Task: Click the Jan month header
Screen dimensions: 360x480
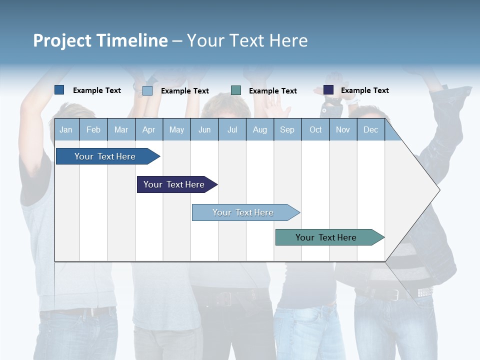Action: tap(66, 130)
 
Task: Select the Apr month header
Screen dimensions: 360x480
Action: tap(148, 130)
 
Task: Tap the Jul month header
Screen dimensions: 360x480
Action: tap(232, 130)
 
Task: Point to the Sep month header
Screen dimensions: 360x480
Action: tap(287, 130)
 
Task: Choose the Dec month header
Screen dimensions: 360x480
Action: tap(370, 130)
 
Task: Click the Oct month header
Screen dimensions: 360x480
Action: tap(315, 130)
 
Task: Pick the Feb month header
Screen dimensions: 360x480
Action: tap(93, 130)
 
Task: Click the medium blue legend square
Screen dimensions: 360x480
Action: tap(59, 90)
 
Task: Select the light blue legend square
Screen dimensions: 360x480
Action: tap(147, 90)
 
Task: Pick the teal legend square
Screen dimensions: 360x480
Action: tap(236, 90)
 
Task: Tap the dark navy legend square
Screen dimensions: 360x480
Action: tap(328, 90)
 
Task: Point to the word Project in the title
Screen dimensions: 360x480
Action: tap(62, 40)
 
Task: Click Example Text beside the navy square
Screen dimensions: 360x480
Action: tap(364, 90)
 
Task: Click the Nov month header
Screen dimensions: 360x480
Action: tap(343, 130)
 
